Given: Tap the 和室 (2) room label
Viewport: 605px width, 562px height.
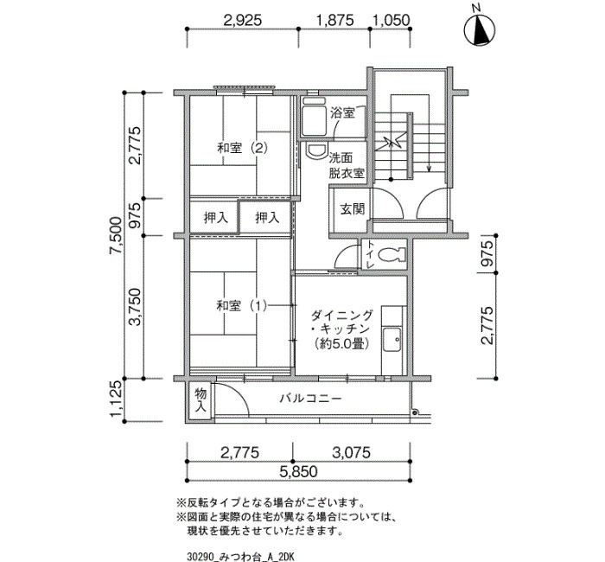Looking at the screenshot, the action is pos(242,148).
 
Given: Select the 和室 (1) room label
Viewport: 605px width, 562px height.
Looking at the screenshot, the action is pos(242,306).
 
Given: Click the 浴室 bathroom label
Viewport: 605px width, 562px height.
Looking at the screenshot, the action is pos(342,113).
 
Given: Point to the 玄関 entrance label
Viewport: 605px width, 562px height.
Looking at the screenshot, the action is pos(353,209).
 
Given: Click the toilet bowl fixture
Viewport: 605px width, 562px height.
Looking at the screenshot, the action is pos(392,255).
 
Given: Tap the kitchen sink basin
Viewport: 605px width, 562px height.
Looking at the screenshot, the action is pos(392,339).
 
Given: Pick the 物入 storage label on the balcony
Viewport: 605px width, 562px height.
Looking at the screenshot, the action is pos(201,399).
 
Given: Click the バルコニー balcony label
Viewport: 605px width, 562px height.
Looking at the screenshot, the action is pos(310,398).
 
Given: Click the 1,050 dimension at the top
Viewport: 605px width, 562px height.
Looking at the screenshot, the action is pos(391,20).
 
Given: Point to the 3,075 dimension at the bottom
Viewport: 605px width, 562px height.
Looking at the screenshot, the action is pos(351,452).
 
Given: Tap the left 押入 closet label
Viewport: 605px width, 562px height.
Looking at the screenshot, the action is pos(216,218).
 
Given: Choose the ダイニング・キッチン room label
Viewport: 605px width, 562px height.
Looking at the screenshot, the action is pos(342,329).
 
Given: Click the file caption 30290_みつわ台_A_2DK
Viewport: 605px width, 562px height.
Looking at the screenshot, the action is pos(240,557).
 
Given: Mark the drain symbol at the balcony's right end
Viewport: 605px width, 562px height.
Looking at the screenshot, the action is pos(415,413).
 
